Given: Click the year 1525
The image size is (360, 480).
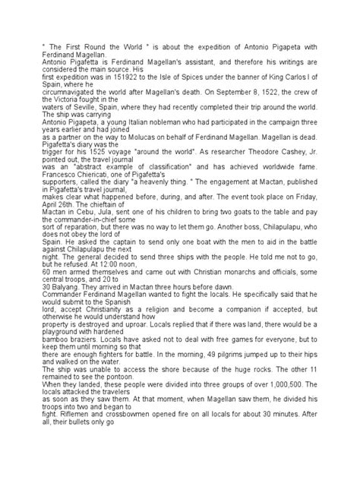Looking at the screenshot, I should [89, 172].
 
